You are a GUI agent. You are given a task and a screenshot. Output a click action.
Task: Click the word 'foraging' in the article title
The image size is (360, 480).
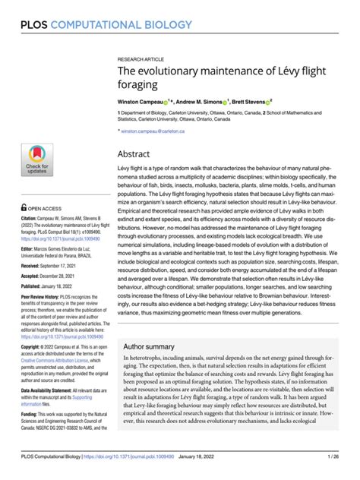click(x=138, y=86)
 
